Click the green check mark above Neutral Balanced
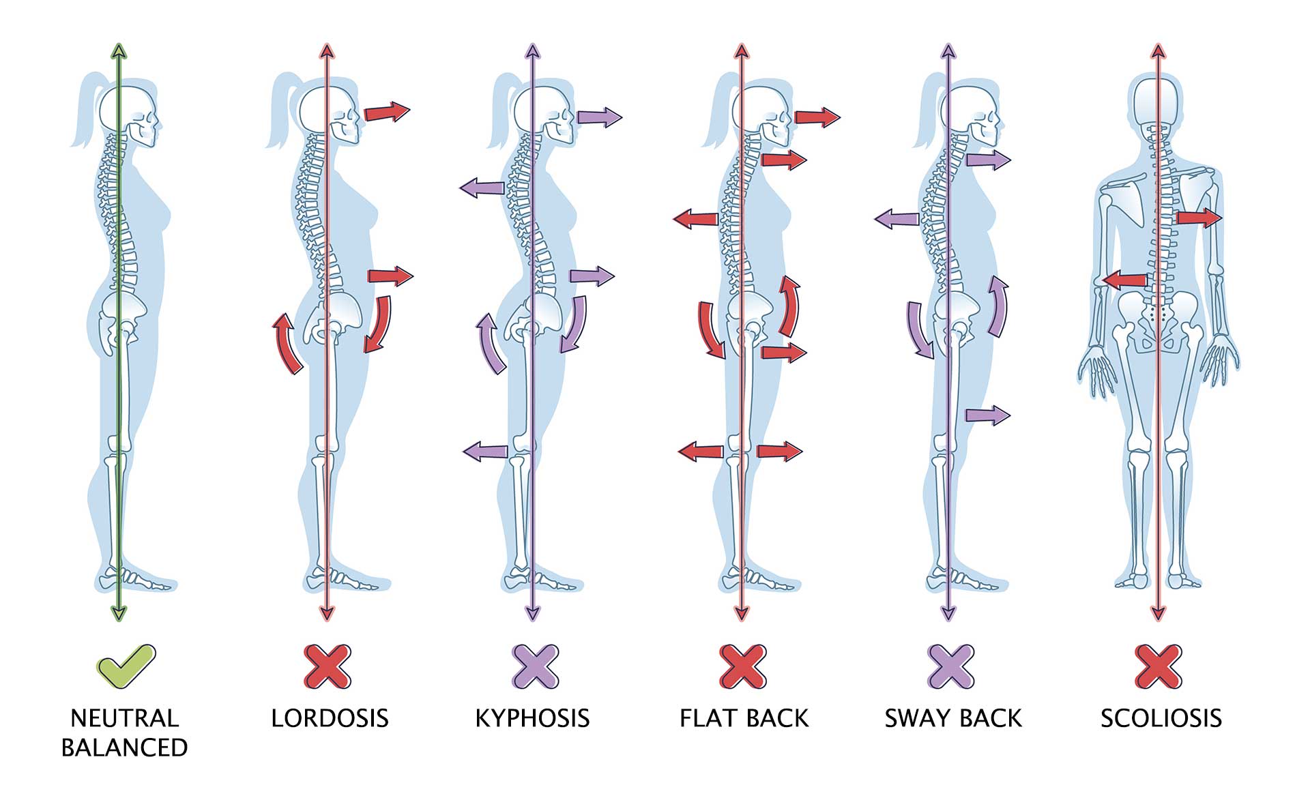[126, 665]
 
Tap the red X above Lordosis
[327, 666]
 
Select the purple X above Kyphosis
[535, 666]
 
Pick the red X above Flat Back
[743, 666]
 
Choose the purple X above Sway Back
[950, 666]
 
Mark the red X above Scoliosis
[1159, 666]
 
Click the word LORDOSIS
[330, 718]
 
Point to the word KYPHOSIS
[532, 718]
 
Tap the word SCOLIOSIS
[1161, 718]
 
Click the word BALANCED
[124, 748]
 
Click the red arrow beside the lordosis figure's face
[387, 111]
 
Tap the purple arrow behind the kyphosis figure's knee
[486, 451]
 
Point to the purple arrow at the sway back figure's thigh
[987, 415]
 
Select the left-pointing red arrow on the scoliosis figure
[1125, 280]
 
